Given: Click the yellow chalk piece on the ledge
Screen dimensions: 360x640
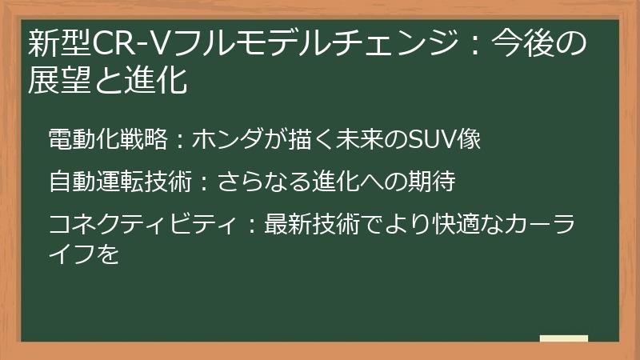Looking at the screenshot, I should (x=563, y=338).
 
